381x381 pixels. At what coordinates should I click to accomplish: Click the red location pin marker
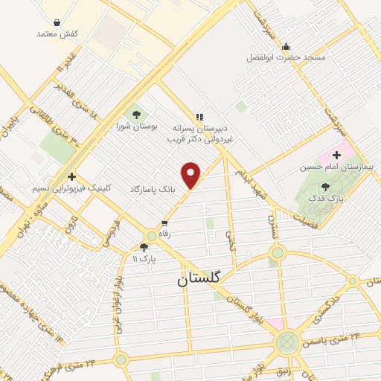point(192,175)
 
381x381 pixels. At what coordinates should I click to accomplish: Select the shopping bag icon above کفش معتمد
point(57,22)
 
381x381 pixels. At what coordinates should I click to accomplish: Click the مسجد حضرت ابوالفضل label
point(286,57)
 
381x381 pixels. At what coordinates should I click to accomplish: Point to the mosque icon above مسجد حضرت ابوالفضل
point(285,46)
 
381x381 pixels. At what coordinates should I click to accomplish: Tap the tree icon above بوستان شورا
point(136,114)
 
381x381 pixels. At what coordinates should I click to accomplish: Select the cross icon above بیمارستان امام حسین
point(336,156)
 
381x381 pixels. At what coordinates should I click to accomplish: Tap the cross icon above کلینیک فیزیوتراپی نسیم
point(71,176)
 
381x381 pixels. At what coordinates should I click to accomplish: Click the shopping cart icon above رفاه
point(164,222)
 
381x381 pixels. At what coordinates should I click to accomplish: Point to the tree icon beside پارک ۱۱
point(144,246)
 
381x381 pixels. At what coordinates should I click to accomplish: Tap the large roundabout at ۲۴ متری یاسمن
point(286,343)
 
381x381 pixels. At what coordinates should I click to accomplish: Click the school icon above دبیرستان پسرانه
point(198,116)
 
